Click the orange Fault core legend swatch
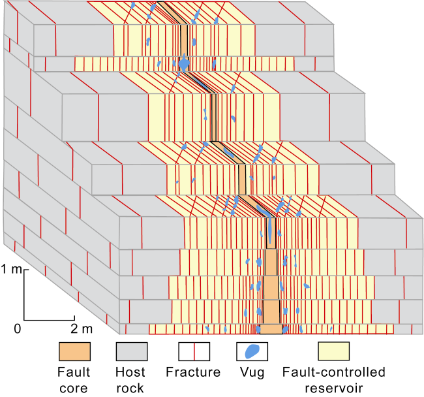click(74, 351)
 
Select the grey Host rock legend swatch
click(132, 351)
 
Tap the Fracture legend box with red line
click(194, 351)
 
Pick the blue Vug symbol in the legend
click(252, 351)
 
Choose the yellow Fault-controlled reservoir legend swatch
click(334, 351)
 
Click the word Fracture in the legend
click(193, 372)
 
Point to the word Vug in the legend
click(252, 373)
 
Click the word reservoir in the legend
click(334, 389)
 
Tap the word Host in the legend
click(130, 372)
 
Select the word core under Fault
click(74, 389)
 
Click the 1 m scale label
click(11, 269)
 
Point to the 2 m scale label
click(82, 329)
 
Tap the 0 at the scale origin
click(18, 329)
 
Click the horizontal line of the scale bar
click(50, 320)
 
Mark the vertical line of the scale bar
click(24, 295)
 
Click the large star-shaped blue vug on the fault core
click(184, 63)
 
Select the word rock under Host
click(130, 389)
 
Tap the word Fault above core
click(74, 372)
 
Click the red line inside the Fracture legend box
click(194, 351)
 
